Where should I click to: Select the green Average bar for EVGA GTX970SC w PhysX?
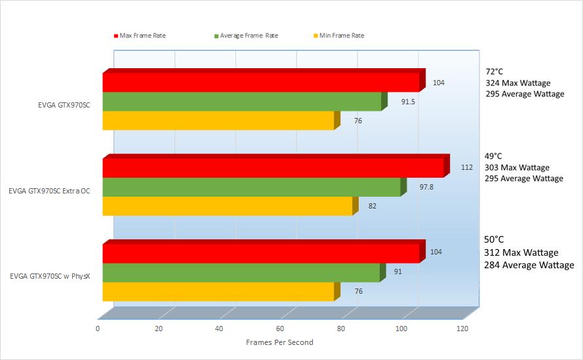pyautogui.click(x=241, y=273)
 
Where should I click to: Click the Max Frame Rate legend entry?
pyautogui.click(x=141, y=35)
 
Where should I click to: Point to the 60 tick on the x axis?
pyautogui.click(x=280, y=329)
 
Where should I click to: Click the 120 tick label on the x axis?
pyautogui.click(x=463, y=329)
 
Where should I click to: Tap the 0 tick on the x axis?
pyautogui.click(x=98, y=329)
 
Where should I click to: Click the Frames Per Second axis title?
pyautogui.click(x=279, y=342)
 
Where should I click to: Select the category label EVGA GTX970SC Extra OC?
pyautogui.click(x=49, y=191)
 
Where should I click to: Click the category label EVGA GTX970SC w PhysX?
pyautogui.click(x=50, y=276)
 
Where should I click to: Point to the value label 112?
pyautogui.click(x=466, y=167)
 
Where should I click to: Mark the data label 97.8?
pyautogui.click(x=426, y=187)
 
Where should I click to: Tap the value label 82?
pyautogui.click(x=372, y=206)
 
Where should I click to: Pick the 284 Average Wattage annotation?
pyautogui.click(x=529, y=265)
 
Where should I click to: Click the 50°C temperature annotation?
pyautogui.click(x=493, y=240)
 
